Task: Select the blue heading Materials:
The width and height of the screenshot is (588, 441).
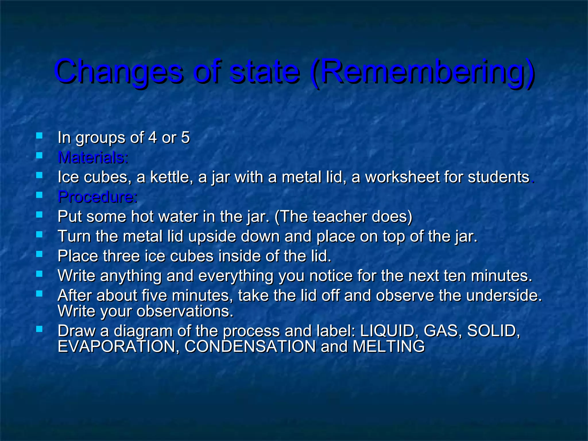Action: pos(93,157)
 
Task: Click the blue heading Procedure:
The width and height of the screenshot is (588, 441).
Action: pos(98,197)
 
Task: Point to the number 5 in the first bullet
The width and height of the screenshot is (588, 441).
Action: pos(185,138)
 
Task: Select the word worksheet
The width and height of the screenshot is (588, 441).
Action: pos(402,177)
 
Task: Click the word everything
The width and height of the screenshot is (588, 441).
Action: pos(236,276)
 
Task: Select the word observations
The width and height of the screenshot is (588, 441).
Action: pos(185,311)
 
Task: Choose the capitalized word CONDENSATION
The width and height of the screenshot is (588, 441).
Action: pos(250,346)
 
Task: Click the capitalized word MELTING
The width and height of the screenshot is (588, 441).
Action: pos(388,346)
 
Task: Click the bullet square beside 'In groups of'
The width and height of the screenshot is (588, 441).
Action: pos(39,136)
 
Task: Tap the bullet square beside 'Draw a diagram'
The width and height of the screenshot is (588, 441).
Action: pos(39,329)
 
